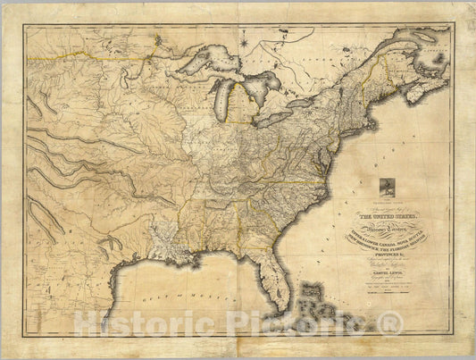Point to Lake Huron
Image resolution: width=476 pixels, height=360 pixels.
(260, 89)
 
